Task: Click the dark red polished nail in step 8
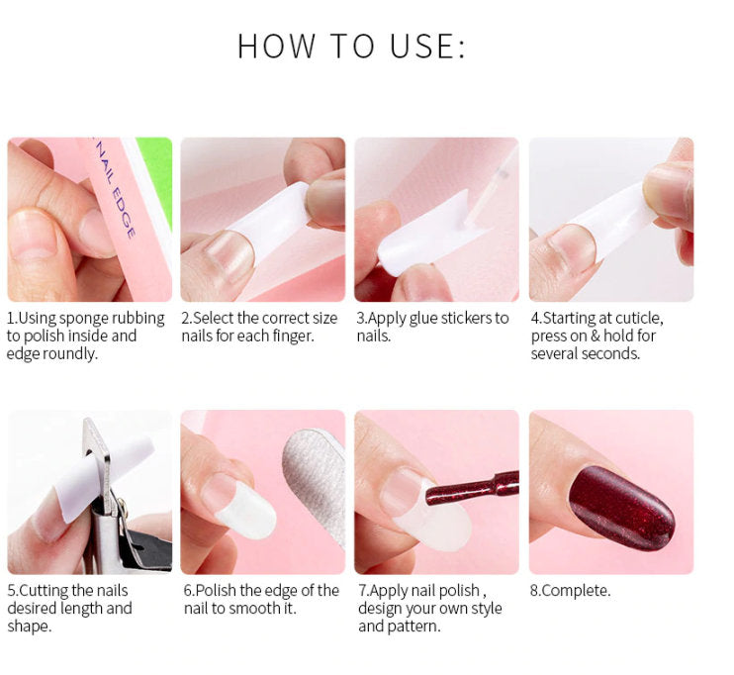pyautogui.click(x=621, y=507)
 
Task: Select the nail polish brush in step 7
pyautogui.click(x=472, y=490)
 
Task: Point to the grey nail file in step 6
pyautogui.click(x=315, y=482)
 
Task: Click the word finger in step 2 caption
pyautogui.click(x=293, y=337)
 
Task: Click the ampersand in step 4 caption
pyautogui.click(x=595, y=337)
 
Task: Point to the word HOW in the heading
pyautogui.click(x=276, y=46)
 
